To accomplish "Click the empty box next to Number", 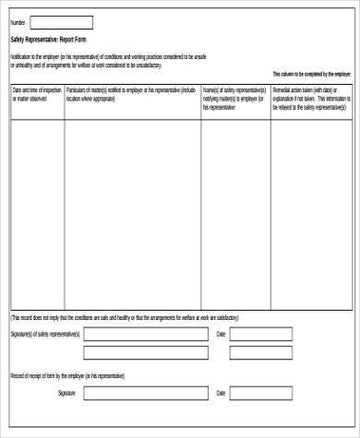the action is (62, 22).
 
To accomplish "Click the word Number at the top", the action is (18, 22).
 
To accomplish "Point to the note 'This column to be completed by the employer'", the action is (311, 74).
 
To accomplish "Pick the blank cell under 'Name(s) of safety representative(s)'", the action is (235, 212).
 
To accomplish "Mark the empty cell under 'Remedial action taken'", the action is (311, 212).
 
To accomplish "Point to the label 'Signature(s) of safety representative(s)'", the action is (45, 334).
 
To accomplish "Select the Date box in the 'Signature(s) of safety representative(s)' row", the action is (261, 334).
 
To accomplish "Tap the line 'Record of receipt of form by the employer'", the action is (66, 376).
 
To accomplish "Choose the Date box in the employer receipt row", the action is (261, 393).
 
